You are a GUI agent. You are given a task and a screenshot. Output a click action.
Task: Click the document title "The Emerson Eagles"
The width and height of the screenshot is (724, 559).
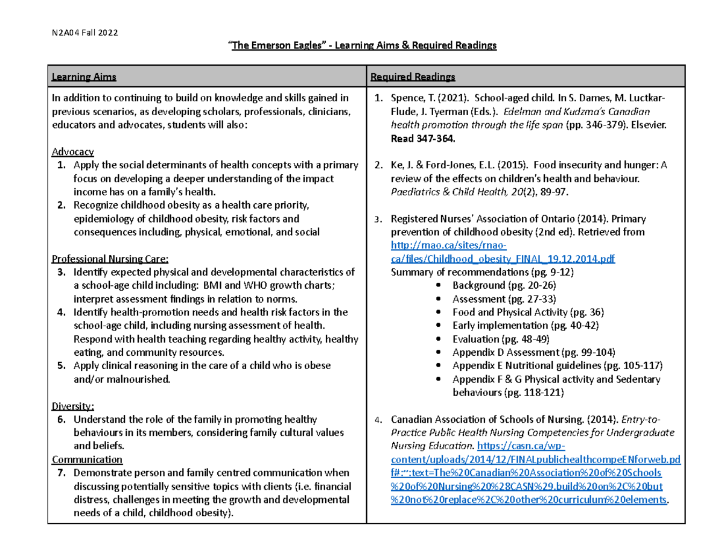[276, 46]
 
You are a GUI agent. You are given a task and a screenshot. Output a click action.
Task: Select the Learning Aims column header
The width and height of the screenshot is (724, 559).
[83, 77]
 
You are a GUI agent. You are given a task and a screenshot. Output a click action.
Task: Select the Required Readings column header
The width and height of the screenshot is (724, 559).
[412, 77]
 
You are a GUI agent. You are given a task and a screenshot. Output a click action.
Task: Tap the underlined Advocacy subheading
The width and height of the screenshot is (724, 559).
[73, 151]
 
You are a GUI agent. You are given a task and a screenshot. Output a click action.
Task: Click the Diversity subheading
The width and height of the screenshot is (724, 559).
[73, 406]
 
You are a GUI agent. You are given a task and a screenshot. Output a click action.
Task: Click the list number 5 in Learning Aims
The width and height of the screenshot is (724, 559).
[61, 365]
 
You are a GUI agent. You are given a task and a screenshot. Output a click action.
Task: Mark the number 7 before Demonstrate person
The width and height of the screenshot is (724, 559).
[61, 472]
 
